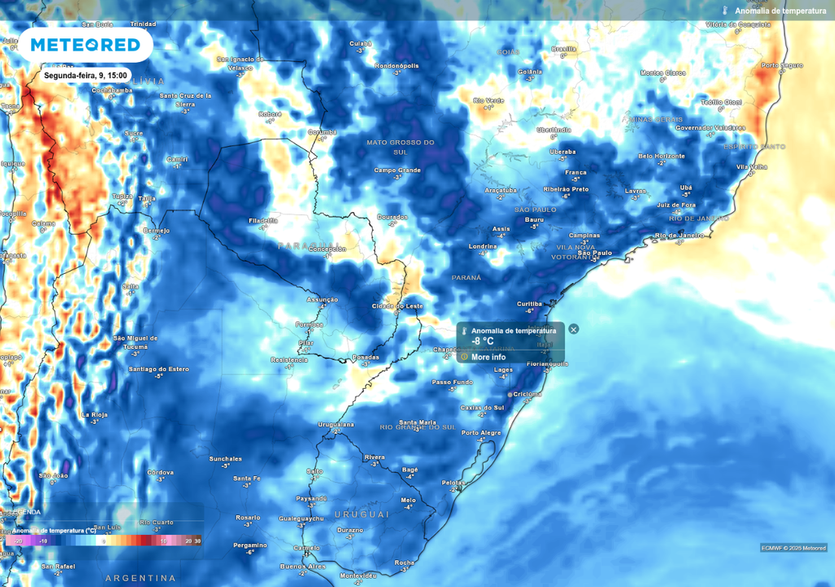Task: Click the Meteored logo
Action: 86,44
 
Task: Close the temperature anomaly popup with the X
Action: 573,329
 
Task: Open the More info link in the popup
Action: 488,357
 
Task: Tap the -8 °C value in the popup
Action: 483,341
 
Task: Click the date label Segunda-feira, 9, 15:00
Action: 85,75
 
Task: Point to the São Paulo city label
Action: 594,253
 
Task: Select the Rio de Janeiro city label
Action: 678,236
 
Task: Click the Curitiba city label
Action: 530,303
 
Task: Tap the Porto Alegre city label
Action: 481,433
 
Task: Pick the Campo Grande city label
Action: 397,170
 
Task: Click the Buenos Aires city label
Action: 303,566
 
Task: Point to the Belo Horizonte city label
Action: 661,156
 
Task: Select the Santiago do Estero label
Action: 159,369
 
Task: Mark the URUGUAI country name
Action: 361,514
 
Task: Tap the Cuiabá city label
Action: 360,43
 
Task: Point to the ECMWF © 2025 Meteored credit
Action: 793,547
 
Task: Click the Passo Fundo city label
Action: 452,382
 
